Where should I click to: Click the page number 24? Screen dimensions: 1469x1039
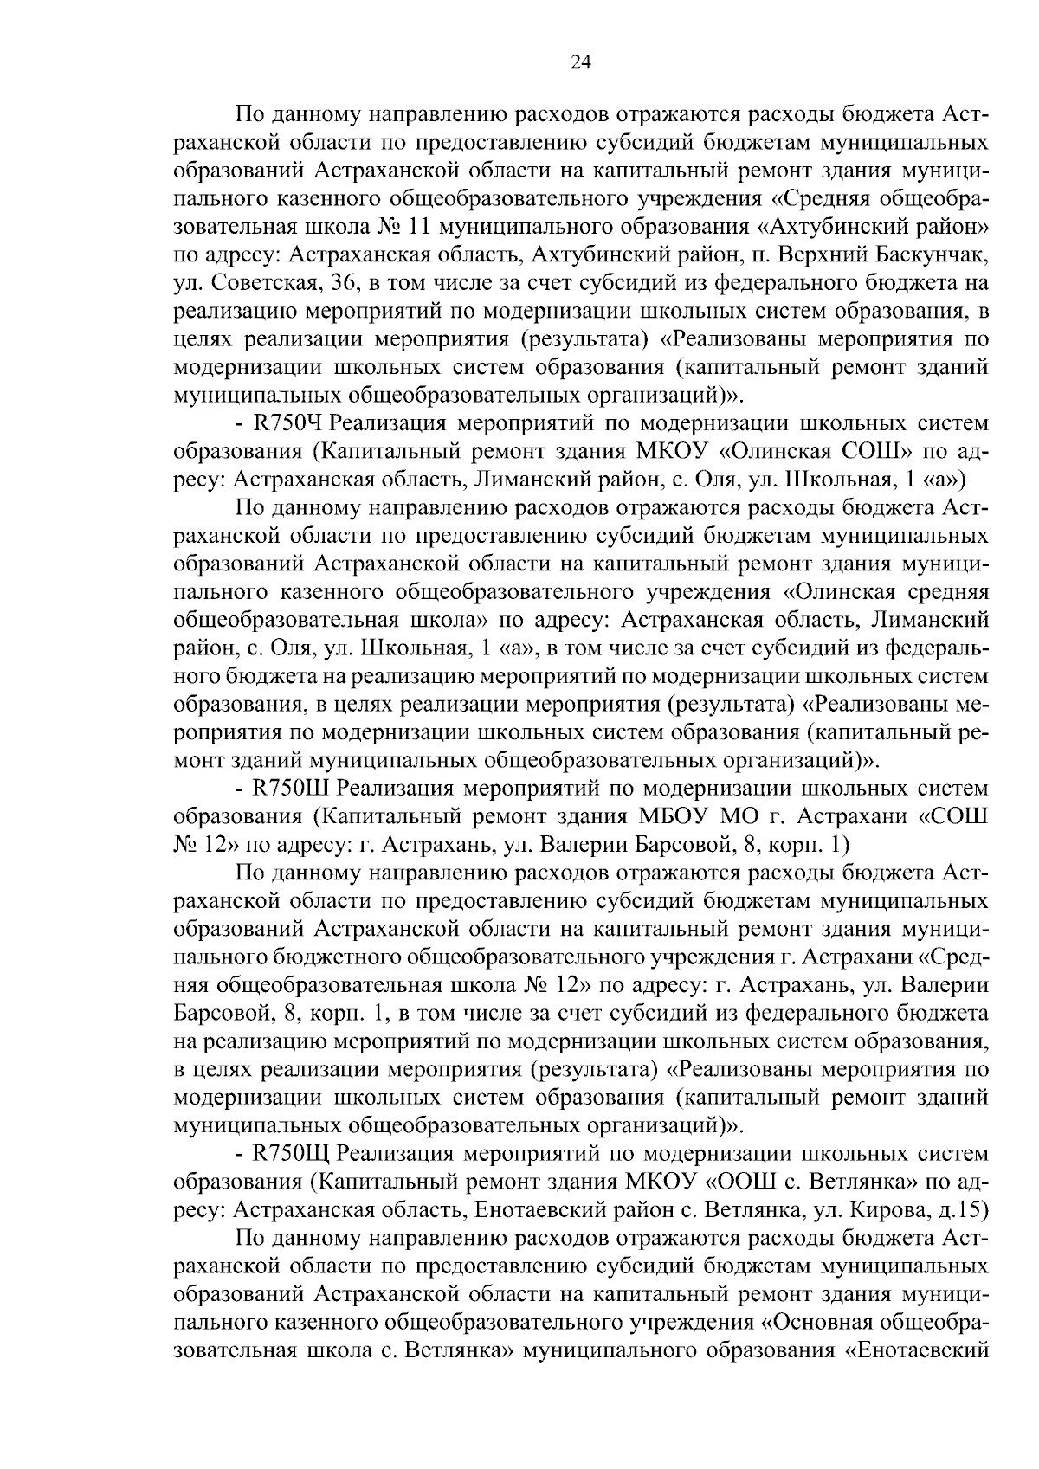point(580,61)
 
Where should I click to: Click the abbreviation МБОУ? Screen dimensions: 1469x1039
point(674,817)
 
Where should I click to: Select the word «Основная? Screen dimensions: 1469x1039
point(819,1323)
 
